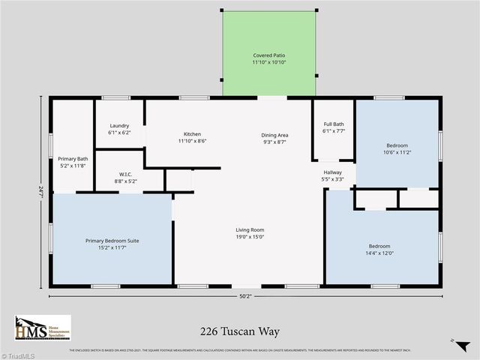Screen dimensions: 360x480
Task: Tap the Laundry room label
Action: pyautogui.click(x=119, y=125)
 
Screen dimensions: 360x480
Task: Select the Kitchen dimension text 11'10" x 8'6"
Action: pyautogui.click(x=193, y=141)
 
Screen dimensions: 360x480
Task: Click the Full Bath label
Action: pyautogui.click(x=334, y=124)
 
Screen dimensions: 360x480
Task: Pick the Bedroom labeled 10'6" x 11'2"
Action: pyautogui.click(x=397, y=145)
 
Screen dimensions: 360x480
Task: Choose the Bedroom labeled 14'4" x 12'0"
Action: pyautogui.click(x=379, y=247)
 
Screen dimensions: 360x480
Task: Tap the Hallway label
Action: pyautogui.click(x=332, y=172)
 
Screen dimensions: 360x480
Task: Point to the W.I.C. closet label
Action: pyautogui.click(x=125, y=174)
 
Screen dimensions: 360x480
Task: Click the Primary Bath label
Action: pyautogui.click(x=73, y=158)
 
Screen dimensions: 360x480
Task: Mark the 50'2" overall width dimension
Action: pyautogui.click(x=245, y=296)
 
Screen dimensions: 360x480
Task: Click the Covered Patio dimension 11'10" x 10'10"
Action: pyautogui.click(x=268, y=63)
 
